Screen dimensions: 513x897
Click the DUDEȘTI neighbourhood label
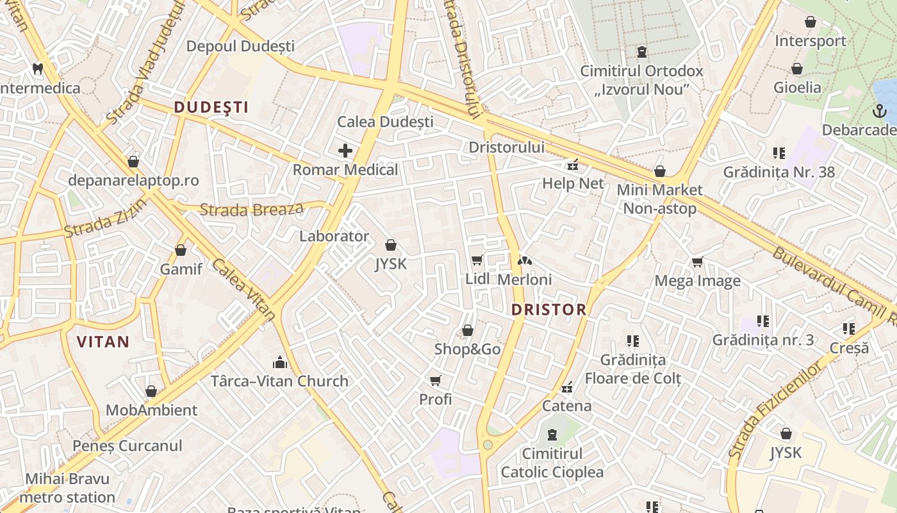211,107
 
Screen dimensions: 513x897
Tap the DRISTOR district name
548,310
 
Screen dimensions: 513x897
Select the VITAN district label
103,342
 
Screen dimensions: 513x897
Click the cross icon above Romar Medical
345,151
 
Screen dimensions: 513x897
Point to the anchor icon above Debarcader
879,111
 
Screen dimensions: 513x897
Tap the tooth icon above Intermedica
38,69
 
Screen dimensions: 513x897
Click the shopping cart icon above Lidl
477,260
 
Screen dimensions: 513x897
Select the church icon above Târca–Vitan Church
279,362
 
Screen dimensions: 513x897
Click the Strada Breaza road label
251,209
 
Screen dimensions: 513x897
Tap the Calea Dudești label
385,122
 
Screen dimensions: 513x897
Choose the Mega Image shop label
697,281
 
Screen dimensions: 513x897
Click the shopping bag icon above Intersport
811,22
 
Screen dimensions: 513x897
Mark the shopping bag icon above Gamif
181,250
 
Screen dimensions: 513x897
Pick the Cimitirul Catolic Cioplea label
552,463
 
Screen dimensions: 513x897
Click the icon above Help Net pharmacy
572,165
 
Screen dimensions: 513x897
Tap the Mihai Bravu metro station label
67,488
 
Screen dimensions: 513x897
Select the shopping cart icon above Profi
436,381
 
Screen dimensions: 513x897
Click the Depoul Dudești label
240,46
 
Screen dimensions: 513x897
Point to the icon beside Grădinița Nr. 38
779,153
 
